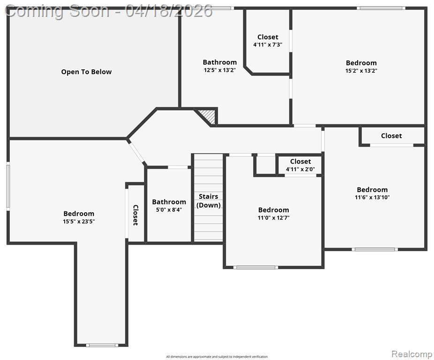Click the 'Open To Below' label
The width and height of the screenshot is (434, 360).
86,72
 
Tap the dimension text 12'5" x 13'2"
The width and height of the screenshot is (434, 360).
220,70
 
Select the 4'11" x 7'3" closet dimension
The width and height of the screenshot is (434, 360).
268,45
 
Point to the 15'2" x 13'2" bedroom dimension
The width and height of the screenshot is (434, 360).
361,71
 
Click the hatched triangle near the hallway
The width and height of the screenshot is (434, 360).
209,116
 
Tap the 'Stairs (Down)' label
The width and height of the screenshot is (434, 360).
209,201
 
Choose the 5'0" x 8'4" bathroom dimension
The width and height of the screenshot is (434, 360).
169,210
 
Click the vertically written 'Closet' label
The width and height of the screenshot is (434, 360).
135,215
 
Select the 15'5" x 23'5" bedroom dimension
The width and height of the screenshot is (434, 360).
79,221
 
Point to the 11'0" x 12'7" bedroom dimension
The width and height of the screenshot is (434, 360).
273,217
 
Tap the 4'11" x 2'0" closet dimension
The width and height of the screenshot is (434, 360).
300,169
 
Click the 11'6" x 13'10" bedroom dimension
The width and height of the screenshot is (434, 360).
372,197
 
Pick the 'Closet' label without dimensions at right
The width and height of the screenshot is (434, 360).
391,135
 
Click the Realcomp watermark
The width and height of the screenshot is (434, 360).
412,354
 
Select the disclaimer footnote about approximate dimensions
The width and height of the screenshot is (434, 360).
217,357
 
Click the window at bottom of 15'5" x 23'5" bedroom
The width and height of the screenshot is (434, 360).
102,345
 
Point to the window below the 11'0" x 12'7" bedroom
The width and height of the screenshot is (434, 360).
256,267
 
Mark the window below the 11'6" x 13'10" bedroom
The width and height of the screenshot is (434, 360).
375,249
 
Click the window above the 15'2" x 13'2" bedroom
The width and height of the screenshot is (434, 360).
381,8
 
